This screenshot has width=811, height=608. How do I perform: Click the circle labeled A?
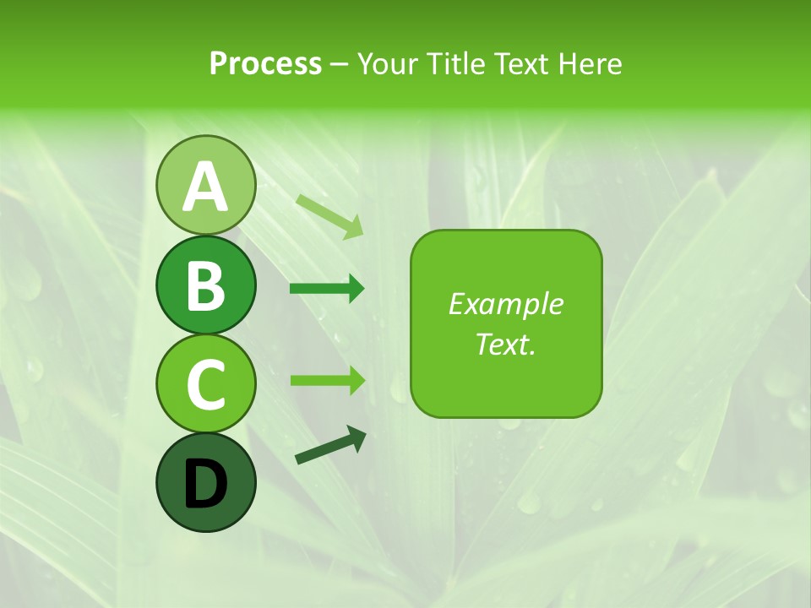(x=205, y=185)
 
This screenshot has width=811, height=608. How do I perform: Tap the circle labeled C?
(x=205, y=383)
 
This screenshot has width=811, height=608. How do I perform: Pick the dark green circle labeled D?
(x=205, y=482)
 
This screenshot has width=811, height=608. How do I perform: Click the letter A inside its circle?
(x=205, y=187)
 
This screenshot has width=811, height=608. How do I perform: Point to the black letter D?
(x=205, y=484)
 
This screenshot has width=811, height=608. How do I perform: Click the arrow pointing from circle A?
(x=329, y=216)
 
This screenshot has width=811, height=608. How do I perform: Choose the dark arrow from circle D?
(x=330, y=445)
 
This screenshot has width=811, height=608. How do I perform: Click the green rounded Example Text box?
(x=506, y=323)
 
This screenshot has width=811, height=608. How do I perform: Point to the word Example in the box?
(x=505, y=304)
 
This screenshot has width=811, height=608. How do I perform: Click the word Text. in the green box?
(x=505, y=345)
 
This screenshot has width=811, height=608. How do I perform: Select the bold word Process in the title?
(x=265, y=63)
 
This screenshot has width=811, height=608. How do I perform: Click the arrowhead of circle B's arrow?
(x=356, y=289)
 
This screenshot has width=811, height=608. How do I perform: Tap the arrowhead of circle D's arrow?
(x=357, y=437)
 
